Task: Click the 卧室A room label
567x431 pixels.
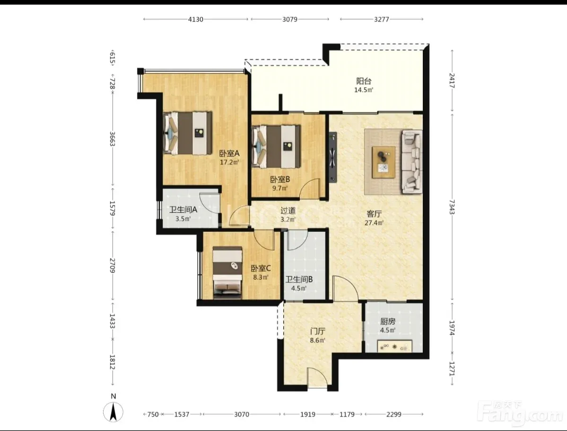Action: [x=229, y=153]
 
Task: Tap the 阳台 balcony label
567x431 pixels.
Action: [x=363, y=81]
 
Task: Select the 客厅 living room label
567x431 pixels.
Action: [x=374, y=214]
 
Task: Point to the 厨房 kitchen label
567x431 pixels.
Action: [x=388, y=321]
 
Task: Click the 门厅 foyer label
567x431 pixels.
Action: [x=317, y=331]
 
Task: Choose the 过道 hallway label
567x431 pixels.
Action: [x=288, y=210]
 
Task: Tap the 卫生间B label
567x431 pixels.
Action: [x=299, y=280]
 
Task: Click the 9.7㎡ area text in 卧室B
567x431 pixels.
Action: [x=280, y=188]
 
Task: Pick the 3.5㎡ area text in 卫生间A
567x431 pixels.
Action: [x=183, y=219]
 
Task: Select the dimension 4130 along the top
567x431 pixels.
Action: [x=196, y=19]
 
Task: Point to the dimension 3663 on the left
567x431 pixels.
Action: [x=112, y=139]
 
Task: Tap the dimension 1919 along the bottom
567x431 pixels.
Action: [x=308, y=414]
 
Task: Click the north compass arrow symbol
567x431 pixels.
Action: [x=113, y=412]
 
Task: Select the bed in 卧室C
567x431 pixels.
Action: [x=227, y=273]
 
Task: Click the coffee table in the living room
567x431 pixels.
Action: [x=384, y=162]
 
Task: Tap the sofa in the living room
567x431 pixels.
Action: [x=412, y=161]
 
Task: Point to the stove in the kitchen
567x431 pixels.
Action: [x=394, y=346]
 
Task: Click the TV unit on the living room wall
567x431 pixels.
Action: [x=332, y=158]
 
